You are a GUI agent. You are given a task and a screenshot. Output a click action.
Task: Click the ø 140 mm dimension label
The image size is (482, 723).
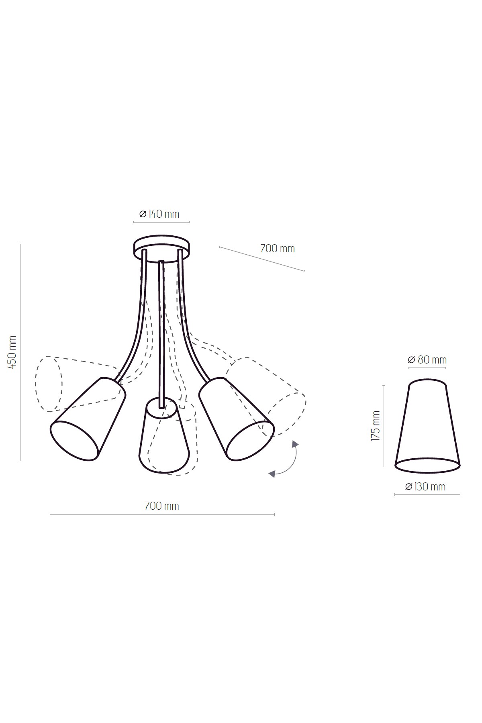(159, 214)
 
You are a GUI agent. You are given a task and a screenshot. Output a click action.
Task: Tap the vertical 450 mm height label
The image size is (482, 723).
(12, 352)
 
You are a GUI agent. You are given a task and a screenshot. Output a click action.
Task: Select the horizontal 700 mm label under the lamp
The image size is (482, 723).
(161, 506)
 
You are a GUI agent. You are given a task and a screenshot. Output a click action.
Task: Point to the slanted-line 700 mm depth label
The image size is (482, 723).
(278, 248)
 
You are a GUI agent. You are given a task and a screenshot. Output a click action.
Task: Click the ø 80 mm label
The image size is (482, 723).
(427, 359)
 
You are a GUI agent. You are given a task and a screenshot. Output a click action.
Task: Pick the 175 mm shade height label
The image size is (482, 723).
(376, 426)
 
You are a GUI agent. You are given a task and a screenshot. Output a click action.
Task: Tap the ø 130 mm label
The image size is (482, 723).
(425, 486)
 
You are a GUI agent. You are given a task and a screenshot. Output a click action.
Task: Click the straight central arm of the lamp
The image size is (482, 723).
(161, 333)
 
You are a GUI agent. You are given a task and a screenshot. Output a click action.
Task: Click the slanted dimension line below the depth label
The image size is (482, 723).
(261, 259)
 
